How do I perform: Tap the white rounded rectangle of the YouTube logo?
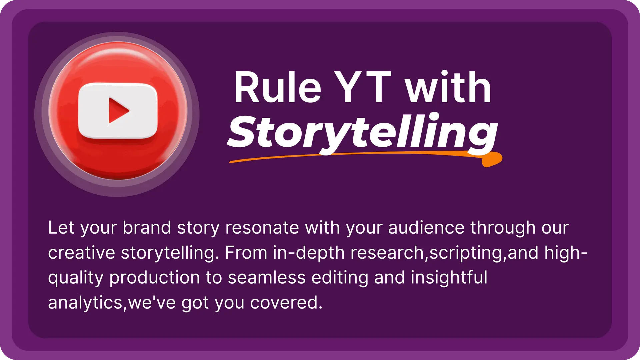[x=118, y=111]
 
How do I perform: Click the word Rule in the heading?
[x=277, y=87]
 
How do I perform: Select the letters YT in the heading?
[x=363, y=87]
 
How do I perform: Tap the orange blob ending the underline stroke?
[x=492, y=159]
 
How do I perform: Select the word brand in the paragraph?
[x=147, y=228]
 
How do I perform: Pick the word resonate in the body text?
[x=262, y=228]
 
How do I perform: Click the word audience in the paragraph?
[x=426, y=228]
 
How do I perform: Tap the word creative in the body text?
[x=82, y=253]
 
